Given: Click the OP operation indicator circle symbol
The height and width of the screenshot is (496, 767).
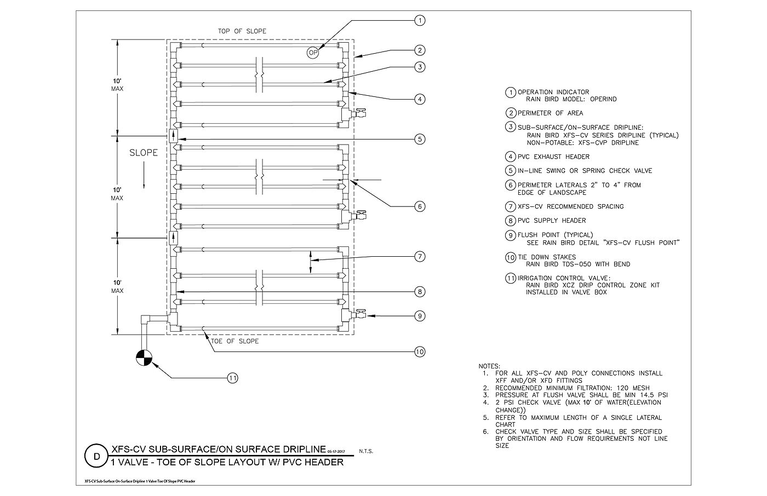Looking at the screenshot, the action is pyautogui.click(x=313, y=53).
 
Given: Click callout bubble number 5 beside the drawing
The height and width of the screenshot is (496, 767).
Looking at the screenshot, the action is pyautogui.click(x=420, y=139).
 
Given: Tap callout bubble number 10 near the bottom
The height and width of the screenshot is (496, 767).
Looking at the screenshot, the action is pyautogui.click(x=420, y=351).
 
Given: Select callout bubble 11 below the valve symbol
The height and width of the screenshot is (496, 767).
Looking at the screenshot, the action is pyautogui.click(x=232, y=378).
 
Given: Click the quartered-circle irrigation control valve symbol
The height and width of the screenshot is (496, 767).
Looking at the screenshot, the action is pyautogui.click(x=144, y=358).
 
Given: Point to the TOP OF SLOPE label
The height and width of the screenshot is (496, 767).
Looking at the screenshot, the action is pyautogui.click(x=242, y=31).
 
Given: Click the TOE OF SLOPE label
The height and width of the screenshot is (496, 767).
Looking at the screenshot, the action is pyautogui.click(x=235, y=341).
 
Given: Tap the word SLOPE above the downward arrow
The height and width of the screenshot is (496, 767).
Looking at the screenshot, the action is pyautogui.click(x=144, y=153).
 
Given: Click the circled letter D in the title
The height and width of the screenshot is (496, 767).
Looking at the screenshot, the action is pyautogui.click(x=97, y=456).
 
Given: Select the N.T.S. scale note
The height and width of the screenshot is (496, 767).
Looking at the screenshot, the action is pyautogui.click(x=366, y=451).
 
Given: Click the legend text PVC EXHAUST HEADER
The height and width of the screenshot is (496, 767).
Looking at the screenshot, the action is pyautogui.click(x=554, y=157).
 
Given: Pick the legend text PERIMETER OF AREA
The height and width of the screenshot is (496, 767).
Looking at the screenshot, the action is pyautogui.click(x=550, y=113).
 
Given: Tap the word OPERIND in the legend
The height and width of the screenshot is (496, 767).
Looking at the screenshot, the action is pyautogui.click(x=603, y=99).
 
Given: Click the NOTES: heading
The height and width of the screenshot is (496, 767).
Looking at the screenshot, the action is pyautogui.click(x=489, y=366).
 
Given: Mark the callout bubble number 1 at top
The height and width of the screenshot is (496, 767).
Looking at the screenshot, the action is pyautogui.click(x=420, y=20).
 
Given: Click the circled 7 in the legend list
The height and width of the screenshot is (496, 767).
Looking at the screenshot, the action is pyautogui.click(x=511, y=206).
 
